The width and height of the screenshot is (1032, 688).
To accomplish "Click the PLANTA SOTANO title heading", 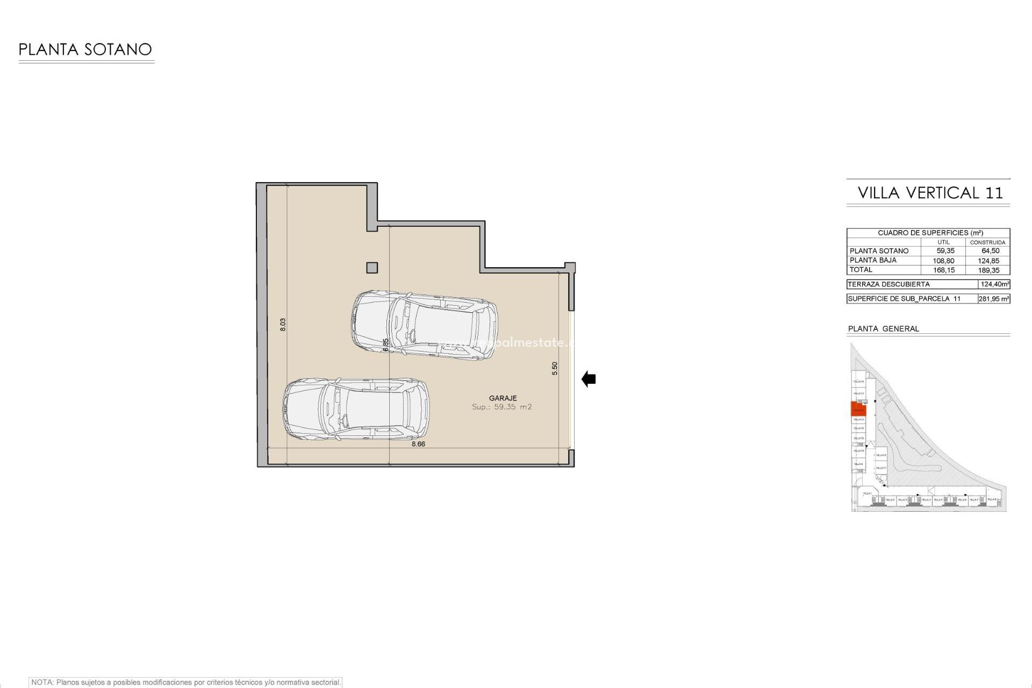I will coord(85,49).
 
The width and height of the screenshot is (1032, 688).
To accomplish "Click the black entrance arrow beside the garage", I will coord(589,379).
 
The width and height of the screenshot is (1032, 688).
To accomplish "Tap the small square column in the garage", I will coord(372,267).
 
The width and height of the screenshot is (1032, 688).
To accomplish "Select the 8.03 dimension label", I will coord(283,324).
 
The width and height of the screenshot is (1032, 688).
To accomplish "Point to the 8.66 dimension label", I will coord(418,444).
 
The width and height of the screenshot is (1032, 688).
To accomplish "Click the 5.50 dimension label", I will coord(555,368).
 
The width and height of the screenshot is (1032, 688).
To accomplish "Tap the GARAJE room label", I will coord(503,398).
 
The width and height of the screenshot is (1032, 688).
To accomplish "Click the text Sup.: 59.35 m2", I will coord(501,407).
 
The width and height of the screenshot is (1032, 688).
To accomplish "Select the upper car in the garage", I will coord(424,325).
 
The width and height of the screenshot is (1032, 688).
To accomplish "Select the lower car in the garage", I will coord(356,409).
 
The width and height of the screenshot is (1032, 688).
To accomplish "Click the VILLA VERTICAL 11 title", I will coord(930,193).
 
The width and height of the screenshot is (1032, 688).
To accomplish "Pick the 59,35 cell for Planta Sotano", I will coord(945,251).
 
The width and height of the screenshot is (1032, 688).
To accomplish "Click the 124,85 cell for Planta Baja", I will coord(988,261).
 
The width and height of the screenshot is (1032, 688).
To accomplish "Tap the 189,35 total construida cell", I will coord(988,270).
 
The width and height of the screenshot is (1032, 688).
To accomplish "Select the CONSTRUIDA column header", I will coord(987,242).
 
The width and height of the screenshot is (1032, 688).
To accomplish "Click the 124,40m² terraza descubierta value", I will coord(994,284).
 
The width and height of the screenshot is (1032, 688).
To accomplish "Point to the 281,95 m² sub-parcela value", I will coord(993,299).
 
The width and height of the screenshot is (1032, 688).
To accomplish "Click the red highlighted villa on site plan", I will coord(858,409).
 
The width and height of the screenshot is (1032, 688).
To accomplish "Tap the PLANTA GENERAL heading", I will coord(883,328).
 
